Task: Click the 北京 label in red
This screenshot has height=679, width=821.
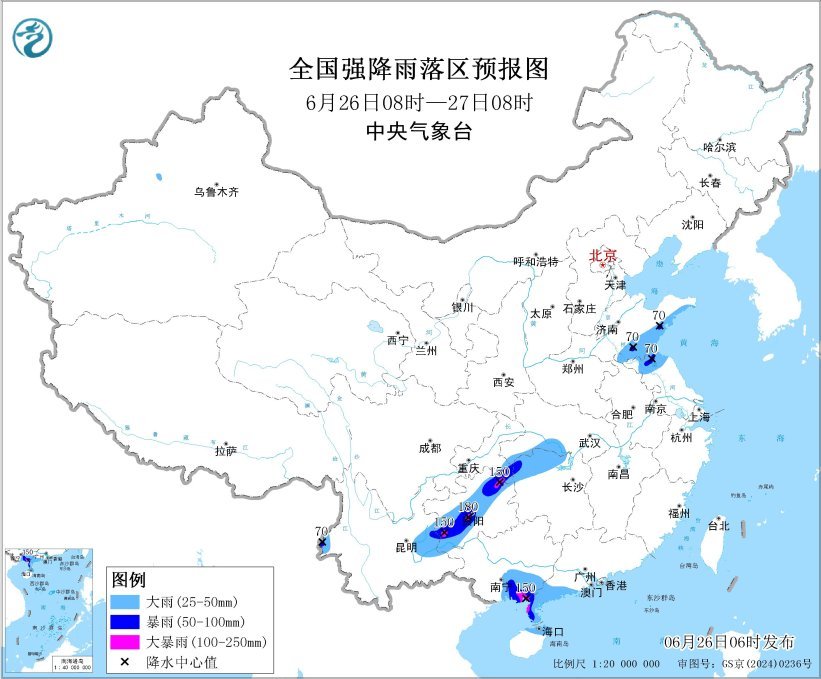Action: (x=603, y=255)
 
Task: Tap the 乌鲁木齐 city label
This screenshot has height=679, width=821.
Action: (x=217, y=192)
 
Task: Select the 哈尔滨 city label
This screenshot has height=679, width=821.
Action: (x=719, y=146)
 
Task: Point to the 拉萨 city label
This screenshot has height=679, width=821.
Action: (x=225, y=451)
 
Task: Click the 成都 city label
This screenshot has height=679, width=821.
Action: (x=431, y=448)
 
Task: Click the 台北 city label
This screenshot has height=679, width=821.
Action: (x=718, y=525)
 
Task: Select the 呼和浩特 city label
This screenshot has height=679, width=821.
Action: (x=536, y=261)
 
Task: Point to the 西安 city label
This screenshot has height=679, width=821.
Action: (x=502, y=382)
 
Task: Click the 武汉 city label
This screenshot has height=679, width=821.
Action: (x=589, y=442)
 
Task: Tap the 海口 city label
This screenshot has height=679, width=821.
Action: (x=553, y=631)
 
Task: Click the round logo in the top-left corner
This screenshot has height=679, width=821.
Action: (x=33, y=38)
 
